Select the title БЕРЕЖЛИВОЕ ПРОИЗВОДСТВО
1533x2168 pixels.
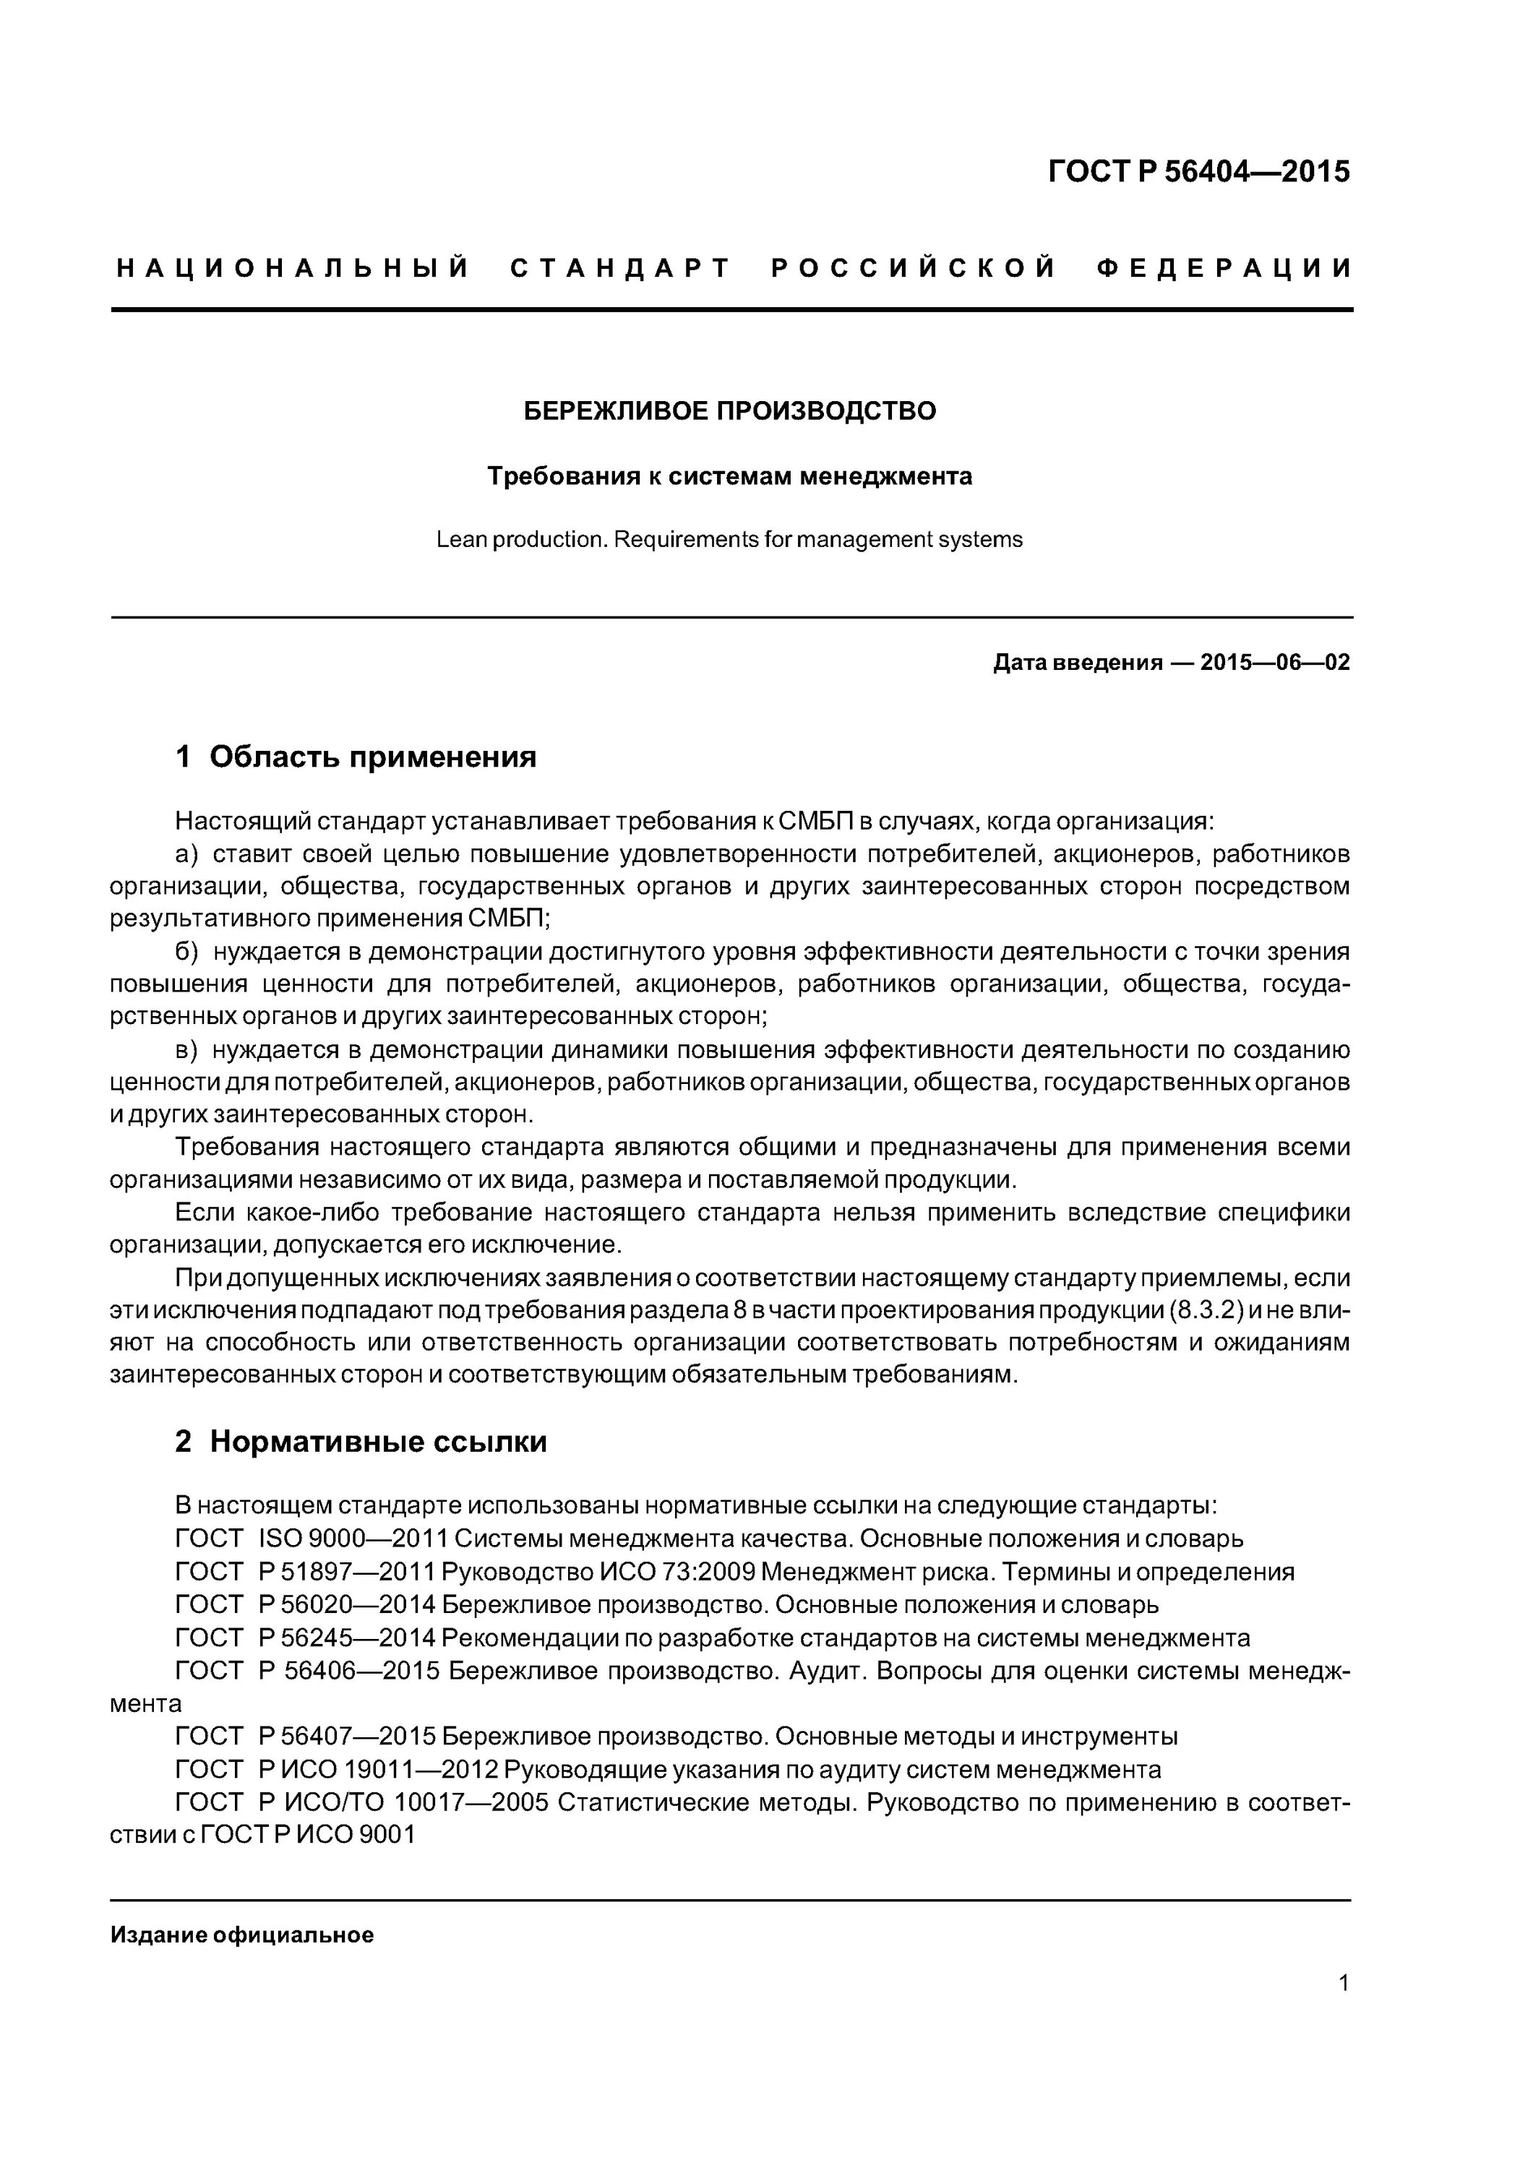tap(730, 410)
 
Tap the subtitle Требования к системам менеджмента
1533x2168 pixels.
tap(729, 477)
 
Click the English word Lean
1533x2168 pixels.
tap(460, 540)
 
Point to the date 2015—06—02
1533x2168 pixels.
tap(1274, 663)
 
